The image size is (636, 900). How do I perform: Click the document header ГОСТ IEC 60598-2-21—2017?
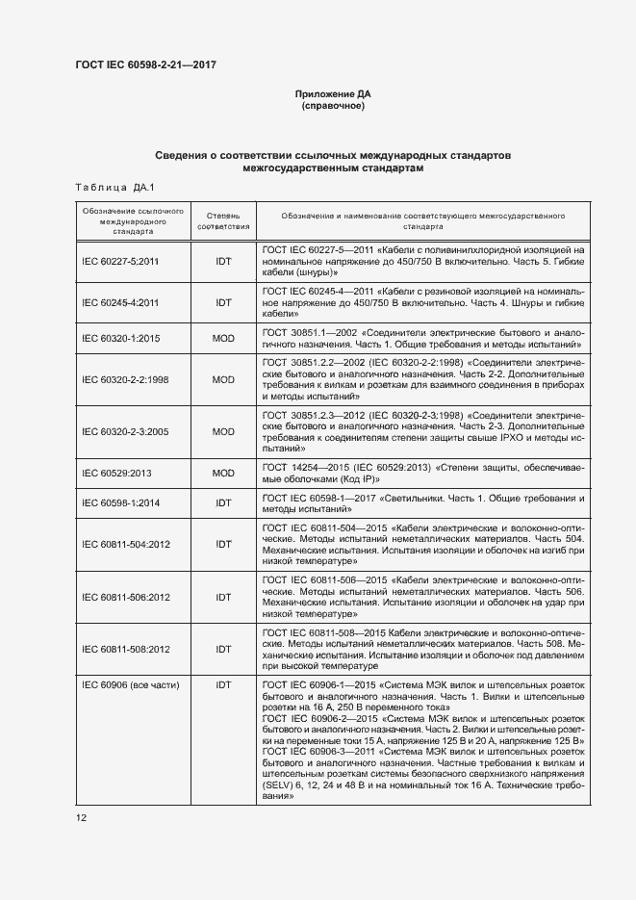tap(145, 65)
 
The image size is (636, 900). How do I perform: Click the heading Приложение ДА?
tap(333, 93)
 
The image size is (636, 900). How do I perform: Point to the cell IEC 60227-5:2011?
tap(120, 261)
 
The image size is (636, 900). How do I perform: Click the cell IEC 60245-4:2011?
tap(120, 302)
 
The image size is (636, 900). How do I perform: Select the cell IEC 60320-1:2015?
tap(120, 338)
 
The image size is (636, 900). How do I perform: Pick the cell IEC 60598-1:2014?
tap(120, 502)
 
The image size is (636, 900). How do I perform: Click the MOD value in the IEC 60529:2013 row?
tap(223, 473)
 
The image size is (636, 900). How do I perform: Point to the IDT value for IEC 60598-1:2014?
tap(223, 502)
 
